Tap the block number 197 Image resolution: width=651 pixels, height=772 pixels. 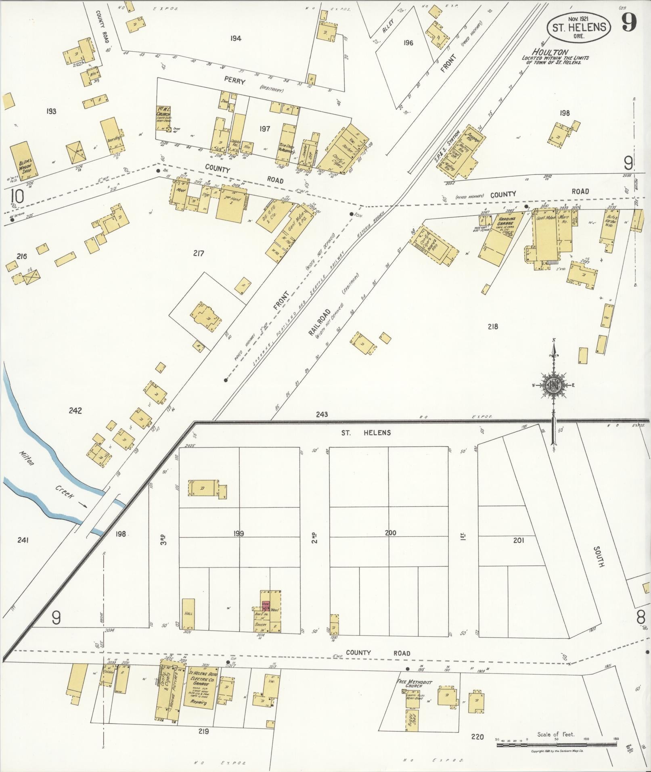[x=264, y=128]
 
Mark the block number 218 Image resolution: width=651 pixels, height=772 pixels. [x=492, y=326]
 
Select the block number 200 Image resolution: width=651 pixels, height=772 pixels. [x=390, y=533]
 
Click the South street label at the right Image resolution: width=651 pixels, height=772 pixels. [x=599, y=557]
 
